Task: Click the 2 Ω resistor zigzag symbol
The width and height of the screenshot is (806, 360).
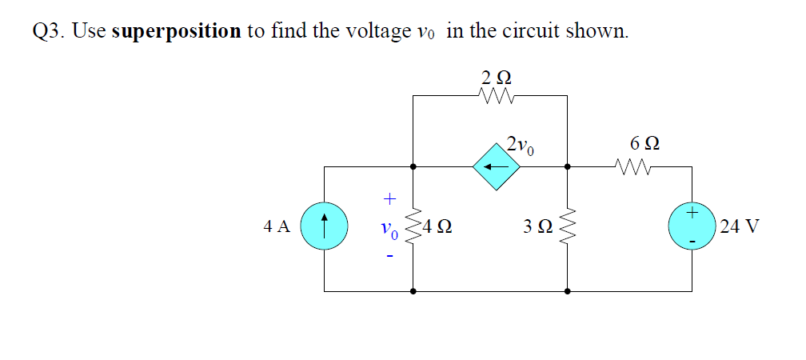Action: (x=497, y=96)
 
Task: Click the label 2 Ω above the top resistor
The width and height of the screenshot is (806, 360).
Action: (x=497, y=78)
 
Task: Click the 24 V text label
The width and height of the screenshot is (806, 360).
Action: (x=739, y=227)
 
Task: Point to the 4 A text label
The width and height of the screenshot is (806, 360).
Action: (x=277, y=227)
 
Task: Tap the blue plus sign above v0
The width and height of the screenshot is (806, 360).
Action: (x=389, y=196)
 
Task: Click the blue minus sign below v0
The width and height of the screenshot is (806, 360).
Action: (x=389, y=257)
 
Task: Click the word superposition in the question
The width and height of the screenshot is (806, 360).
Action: (x=177, y=30)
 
